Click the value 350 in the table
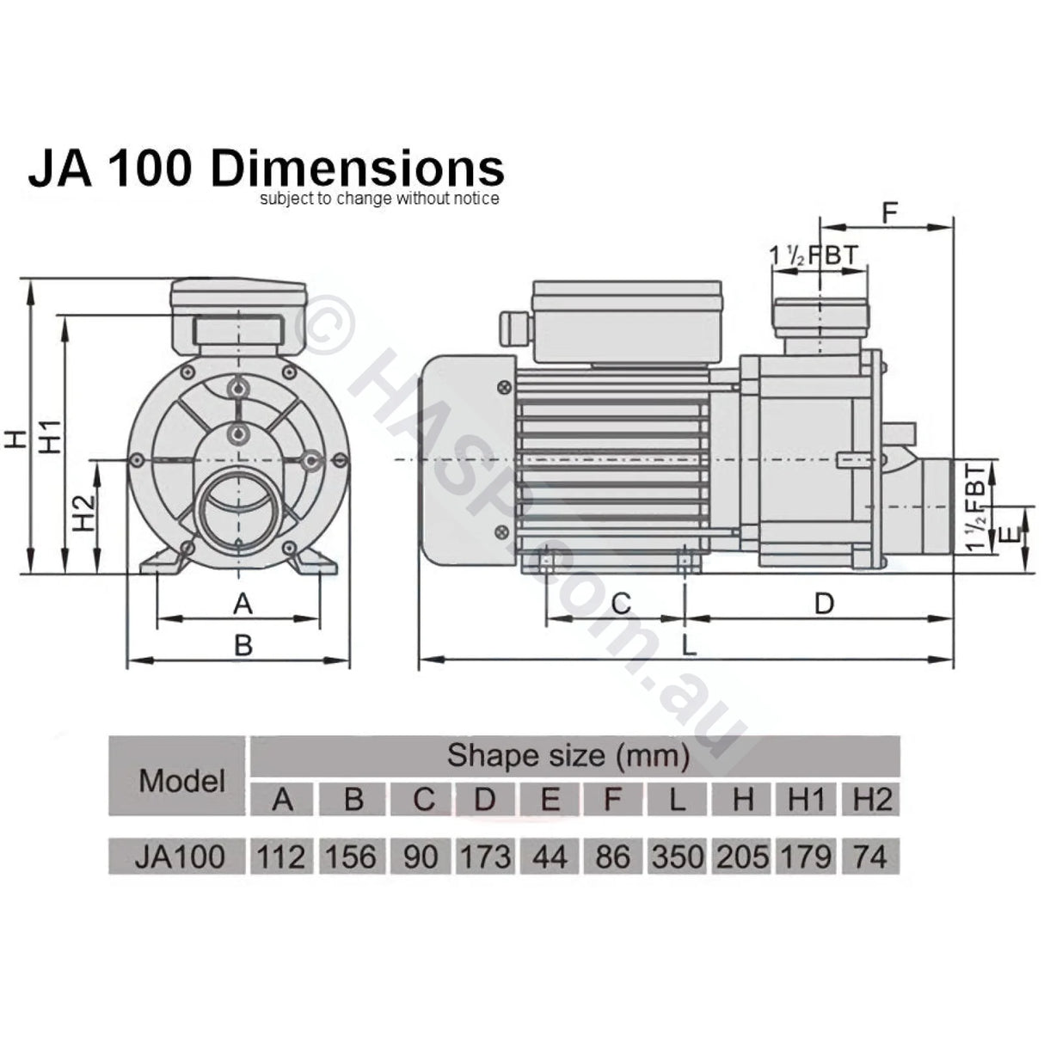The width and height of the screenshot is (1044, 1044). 677,857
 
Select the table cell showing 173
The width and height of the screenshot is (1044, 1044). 485,857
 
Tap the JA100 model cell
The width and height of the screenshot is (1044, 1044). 180,857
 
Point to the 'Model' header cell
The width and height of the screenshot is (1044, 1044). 181,780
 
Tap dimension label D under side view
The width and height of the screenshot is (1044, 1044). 824,604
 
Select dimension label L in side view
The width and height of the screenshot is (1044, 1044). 688,645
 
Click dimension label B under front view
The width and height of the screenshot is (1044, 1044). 243,645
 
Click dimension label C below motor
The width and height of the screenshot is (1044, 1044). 620,604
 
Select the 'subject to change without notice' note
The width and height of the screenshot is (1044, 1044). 378,199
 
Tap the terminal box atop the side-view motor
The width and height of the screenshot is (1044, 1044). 626,322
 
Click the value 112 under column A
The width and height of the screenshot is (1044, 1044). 281,857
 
